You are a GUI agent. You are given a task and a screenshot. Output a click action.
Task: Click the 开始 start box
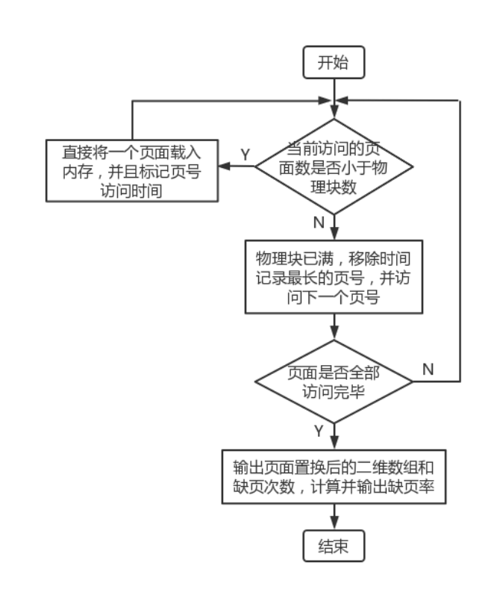334,63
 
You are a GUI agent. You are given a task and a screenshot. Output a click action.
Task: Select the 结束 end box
334,546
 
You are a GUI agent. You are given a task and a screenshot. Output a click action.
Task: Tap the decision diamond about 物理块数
334,167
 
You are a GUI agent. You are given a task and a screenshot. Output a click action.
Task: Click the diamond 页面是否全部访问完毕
334,381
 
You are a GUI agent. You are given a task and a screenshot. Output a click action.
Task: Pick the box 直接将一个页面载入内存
132,171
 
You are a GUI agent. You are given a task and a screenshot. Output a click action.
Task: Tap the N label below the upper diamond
319,222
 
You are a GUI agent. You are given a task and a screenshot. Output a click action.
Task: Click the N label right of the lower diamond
428,369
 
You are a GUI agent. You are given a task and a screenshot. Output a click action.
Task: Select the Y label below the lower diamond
319,431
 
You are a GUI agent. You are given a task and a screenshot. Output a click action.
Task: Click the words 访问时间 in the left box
131,190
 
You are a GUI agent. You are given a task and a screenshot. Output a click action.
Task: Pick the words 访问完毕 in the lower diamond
334,392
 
